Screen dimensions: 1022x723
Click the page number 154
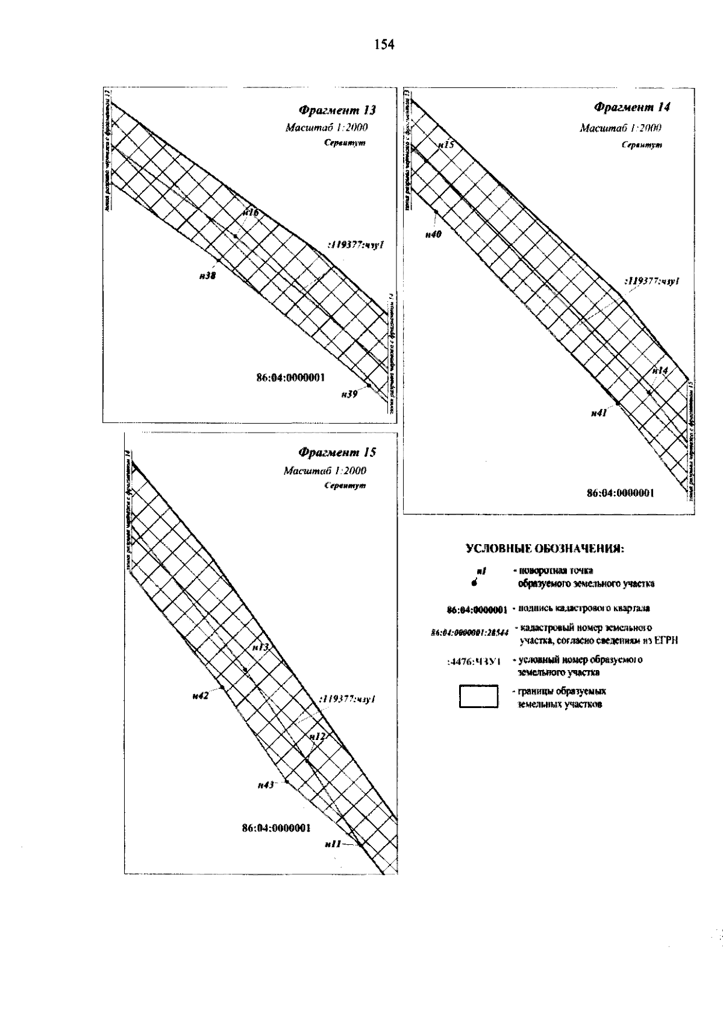pyautogui.click(x=383, y=45)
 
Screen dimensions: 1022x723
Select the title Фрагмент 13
pyautogui.click(x=337, y=110)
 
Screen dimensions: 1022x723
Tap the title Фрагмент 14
pyautogui.click(x=632, y=107)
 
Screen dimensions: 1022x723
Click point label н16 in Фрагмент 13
pyautogui.click(x=251, y=213)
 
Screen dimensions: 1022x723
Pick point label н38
pyautogui.click(x=207, y=275)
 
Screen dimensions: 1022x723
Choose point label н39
pyautogui.click(x=349, y=394)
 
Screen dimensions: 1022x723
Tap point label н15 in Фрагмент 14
pyautogui.click(x=446, y=145)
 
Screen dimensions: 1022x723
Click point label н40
pyautogui.click(x=433, y=235)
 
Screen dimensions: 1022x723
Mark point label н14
pyautogui.click(x=660, y=371)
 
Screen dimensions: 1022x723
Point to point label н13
pyautogui.click(x=260, y=647)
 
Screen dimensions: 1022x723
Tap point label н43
pyautogui.click(x=266, y=785)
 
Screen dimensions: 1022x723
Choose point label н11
pyautogui.click(x=333, y=845)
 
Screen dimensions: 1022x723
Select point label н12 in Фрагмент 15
pyautogui.click(x=317, y=736)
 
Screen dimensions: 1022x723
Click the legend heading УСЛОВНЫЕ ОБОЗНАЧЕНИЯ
pyautogui.click(x=546, y=549)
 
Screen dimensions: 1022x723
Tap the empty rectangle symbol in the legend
pyautogui.click(x=479, y=696)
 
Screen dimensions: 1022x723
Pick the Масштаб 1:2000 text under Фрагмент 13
pyautogui.click(x=327, y=128)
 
